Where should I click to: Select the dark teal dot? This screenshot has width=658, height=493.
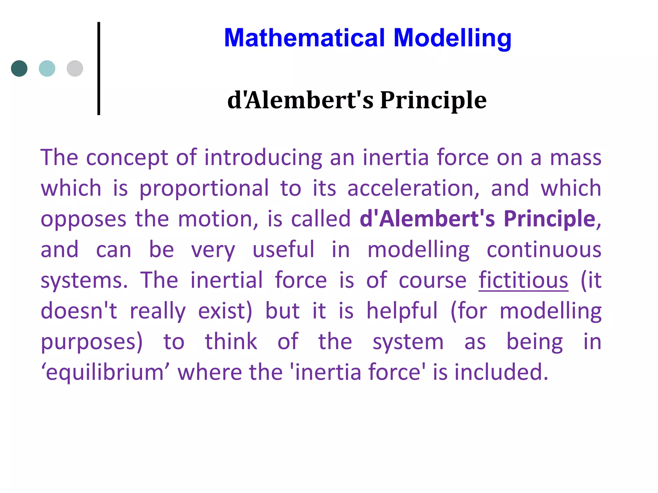tap(19, 68)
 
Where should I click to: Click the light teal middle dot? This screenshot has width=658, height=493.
tap(47, 68)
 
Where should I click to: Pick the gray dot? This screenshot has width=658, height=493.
tap(75, 68)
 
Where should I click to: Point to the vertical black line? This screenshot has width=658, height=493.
tap(99, 68)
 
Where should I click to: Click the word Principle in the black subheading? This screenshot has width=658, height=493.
tap(433, 100)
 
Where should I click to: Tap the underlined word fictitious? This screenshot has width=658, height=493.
tap(523, 280)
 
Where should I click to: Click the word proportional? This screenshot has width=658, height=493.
tap(204, 188)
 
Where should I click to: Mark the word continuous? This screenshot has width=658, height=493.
tap(544, 250)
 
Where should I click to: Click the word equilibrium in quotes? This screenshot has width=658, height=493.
tap(105, 372)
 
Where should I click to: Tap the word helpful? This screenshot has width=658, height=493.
tap(402, 311)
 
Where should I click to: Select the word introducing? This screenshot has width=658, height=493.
tap(263, 158)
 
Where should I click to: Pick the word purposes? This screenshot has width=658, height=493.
tap(92, 342)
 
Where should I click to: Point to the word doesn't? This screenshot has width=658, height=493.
tap(79, 311)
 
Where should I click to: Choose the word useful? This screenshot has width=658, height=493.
tap(283, 250)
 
